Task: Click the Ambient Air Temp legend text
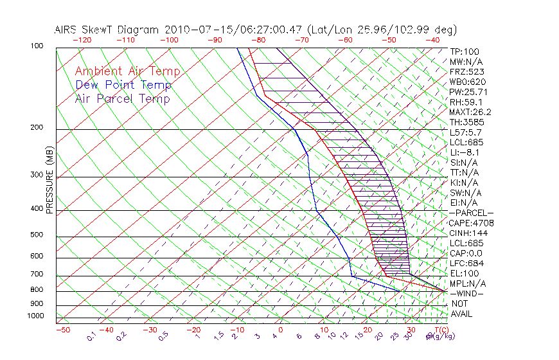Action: pyautogui.click(x=127, y=71)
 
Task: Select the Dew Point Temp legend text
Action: pyautogui.click(x=123, y=85)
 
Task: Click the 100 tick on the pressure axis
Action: pyautogui.click(x=37, y=46)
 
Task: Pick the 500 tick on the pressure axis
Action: pyautogui.click(x=37, y=235)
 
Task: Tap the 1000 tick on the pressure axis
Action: pyautogui.click(x=35, y=316)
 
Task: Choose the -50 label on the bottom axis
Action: pyautogui.click(x=62, y=330)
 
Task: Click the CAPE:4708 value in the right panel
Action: pyautogui.click(x=471, y=223)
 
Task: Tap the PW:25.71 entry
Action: pyautogui.click(x=468, y=92)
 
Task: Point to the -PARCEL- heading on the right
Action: pyautogui.click(x=471, y=213)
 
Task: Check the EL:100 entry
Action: pyautogui.click(x=464, y=273)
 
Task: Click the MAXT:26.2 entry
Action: pyautogui.click(x=471, y=112)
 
